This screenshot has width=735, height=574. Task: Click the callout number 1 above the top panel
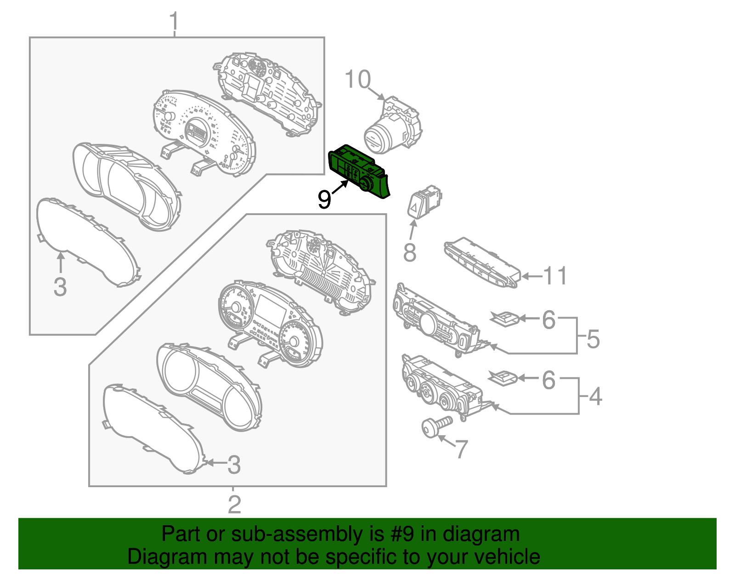click(x=174, y=21)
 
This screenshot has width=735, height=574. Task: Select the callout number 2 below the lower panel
click(x=234, y=504)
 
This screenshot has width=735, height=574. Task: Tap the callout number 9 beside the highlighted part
click(x=324, y=199)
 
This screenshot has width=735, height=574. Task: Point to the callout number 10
click(x=357, y=80)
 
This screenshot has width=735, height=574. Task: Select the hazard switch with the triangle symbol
click(x=424, y=202)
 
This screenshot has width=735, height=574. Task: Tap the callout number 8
click(x=410, y=252)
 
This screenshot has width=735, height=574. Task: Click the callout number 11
click(x=555, y=276)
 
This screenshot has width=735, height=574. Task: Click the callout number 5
click(x=593, y=339)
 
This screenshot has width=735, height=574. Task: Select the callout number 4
click(x=595, y=396)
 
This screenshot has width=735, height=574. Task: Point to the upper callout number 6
click(x=548, y=319)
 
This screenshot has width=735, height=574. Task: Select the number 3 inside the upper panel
click(x=60, y=287)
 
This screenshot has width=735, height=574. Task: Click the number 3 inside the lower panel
click(x=234, y=465)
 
